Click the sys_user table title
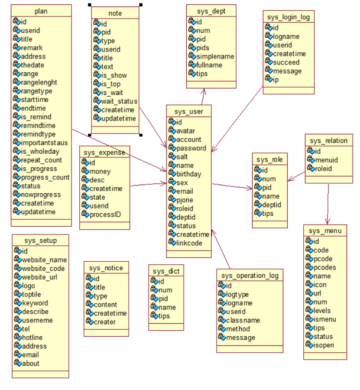point(189,112)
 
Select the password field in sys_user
point(191,148)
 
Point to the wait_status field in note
point(116,101)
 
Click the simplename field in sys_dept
point(215,56)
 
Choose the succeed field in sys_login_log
point(286,62)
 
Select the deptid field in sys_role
point(272,205)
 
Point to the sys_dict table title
point(166,271)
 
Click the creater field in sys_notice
point(104,322)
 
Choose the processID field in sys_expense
point(106,214)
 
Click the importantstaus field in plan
point(44,143)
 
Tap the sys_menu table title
point(325,231)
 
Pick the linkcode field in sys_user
point(189,243)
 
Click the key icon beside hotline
point(18,338)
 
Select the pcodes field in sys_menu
point(325,267)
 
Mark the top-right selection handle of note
point(141,5)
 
